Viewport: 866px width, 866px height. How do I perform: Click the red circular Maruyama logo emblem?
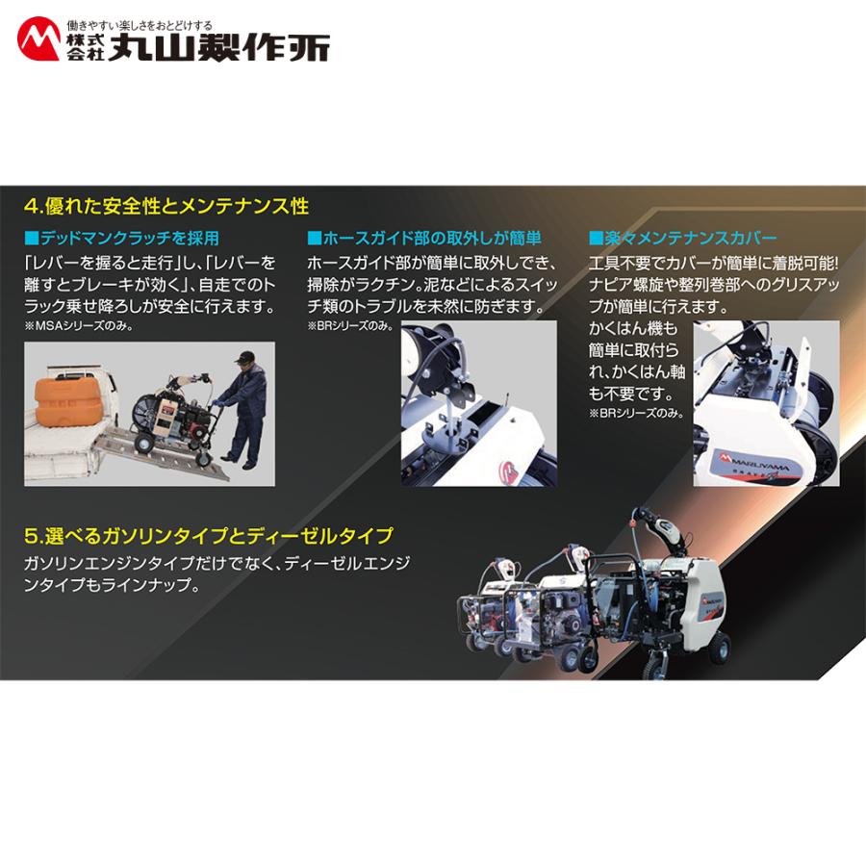(x=39, y=39)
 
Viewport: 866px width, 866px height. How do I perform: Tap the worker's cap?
(x=245, y=359)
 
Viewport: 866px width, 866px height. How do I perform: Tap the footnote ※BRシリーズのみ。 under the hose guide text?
(x=350, y=325)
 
